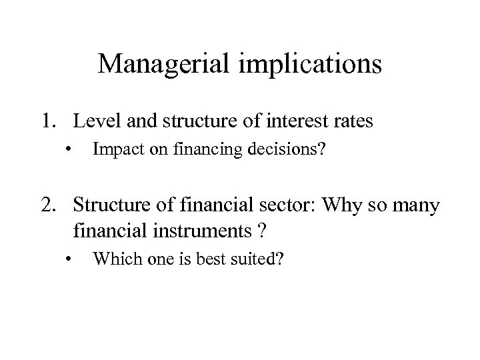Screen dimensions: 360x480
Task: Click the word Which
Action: tap(115, 259)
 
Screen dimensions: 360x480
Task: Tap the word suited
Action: tap(253, 259)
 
